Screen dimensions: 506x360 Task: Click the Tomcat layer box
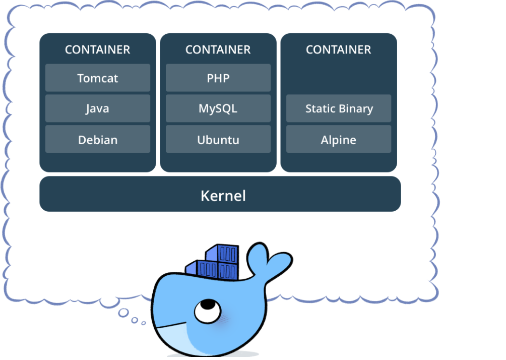pos(98,78)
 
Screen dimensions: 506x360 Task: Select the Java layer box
pos(98,108)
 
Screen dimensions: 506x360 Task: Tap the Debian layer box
pos(98,139)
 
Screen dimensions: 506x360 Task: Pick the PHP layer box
pos(218,78)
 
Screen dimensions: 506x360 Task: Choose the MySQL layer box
pos(218,108)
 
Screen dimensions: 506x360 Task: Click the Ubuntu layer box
pos(218,139)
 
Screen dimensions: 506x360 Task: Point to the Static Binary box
pos(339,108)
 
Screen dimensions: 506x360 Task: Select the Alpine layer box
pos(339,139)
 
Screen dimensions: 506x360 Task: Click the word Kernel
pos(223,196)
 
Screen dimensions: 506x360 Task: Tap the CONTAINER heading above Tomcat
pos(97,50)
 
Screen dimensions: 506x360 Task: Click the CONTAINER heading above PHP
pos(218,50)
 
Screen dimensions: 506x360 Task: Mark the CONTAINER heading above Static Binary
pos(339,50)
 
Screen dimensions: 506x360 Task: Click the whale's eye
pos(208,311)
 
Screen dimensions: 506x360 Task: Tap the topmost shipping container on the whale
pos(223,253)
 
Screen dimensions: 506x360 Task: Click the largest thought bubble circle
pos(123,313)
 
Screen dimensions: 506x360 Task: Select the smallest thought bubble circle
pos(144,323)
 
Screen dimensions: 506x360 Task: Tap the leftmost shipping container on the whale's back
pos(196,268)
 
